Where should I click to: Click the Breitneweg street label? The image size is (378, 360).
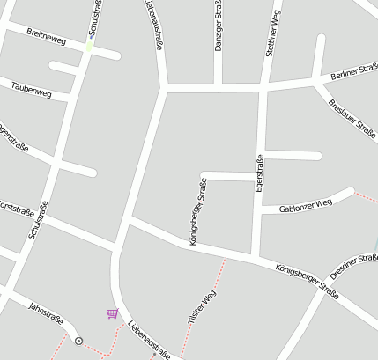click(46, 40)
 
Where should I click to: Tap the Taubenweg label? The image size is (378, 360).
click(32, 89)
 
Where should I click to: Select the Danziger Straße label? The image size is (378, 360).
click(219, 27)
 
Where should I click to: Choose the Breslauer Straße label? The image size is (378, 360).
click(352, 115)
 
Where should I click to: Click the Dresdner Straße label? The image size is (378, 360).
click(354, 265)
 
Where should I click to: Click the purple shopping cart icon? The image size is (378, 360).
click(112, 313)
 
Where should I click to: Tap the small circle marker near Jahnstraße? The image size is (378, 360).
click(78, 340)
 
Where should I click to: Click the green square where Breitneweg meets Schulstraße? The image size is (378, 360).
click(88, 47)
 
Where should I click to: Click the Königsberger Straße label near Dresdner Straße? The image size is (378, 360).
click(307, 280)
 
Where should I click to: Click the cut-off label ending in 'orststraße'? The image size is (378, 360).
click(17, 206)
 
